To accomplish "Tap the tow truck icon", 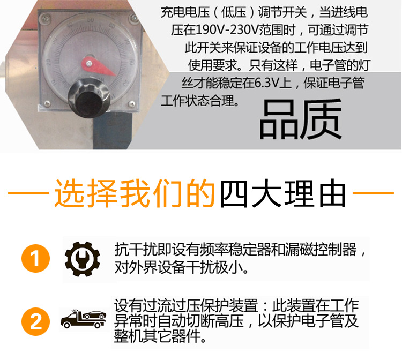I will [83, 319].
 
